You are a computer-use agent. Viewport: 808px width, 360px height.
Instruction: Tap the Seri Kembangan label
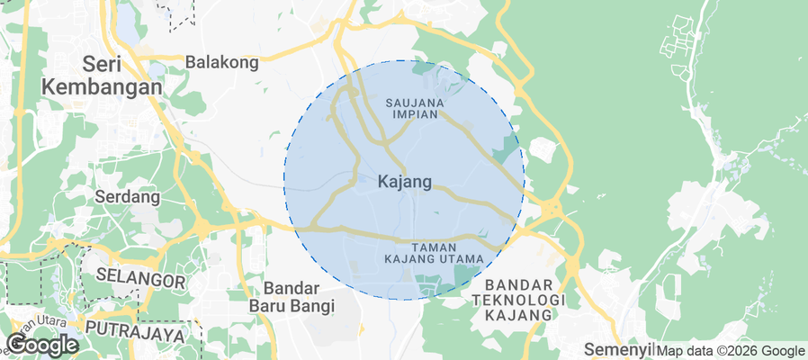pyautogui.click(x=103, y=76)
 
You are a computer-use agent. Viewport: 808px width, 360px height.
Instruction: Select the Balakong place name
pyautogui.click(x=222, y=62)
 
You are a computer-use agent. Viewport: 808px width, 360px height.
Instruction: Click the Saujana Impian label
pyautogui.click(x=415, y=109)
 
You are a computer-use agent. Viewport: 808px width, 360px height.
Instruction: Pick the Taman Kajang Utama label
pyautogui.click(x=434, y=253)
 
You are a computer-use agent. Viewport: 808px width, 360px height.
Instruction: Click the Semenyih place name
pyautogui.click(x=617, y=348)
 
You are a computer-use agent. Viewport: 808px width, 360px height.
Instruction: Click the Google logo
pyautogui.click(x=42, y=345)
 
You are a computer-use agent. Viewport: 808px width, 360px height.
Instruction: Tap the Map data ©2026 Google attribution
pyautogui.click(x=731, y=351)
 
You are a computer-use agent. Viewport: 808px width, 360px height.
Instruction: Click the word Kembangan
pyautogui.click(x=103, y=87)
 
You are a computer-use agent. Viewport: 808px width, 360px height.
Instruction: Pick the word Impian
pyautogui.click(x=415, y=115)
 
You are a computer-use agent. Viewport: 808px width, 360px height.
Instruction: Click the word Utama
pyautogui.click(x=461, y=259)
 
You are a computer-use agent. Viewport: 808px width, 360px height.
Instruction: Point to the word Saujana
pyautogui.click(x=415, y=103)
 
